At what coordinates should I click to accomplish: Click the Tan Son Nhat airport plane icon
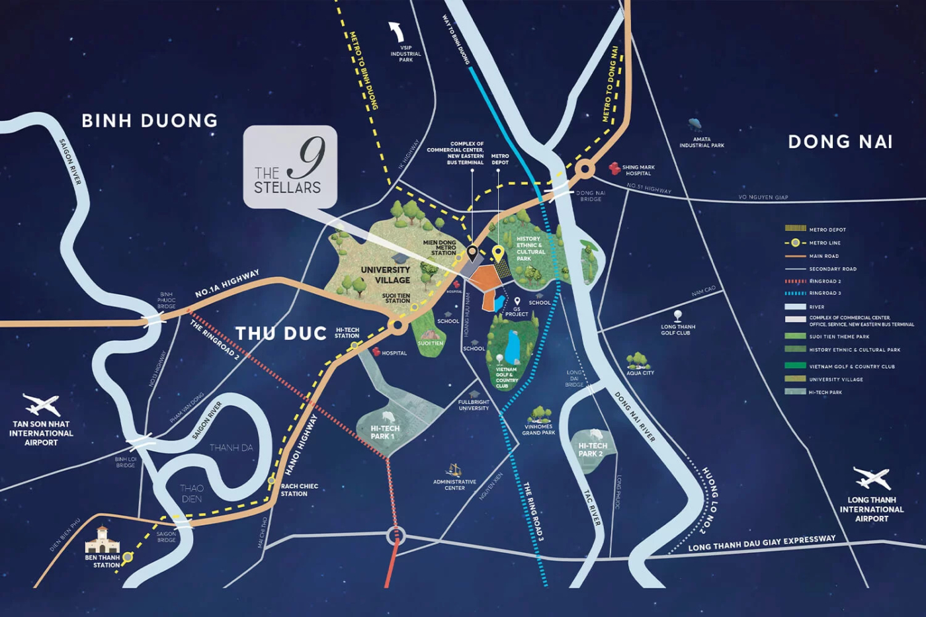click(x=41, y=404)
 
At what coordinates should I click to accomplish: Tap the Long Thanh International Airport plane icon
click(x=872, y=477)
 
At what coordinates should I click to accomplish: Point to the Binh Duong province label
click(x=149, y=120)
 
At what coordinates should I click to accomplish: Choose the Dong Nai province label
click(x=840, y=142)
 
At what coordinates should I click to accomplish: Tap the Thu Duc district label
click(x=281, y=333)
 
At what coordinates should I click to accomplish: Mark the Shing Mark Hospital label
click(x=638, y=170)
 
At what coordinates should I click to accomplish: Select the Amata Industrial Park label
click(x=701, y=142)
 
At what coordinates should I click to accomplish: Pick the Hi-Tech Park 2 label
click(x=593, y=450)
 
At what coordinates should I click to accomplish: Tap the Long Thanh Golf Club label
click(x=677, y=329)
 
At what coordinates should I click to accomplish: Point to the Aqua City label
click(x=640, y=373)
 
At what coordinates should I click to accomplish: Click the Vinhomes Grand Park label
click(x=538, y=430)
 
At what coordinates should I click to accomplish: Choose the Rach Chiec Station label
click(x=299, y=490)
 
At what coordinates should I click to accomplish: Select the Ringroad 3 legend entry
click(x=824, y=293)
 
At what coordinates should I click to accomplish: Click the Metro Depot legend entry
click(x=827, y=229)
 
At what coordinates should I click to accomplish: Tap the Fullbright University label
click(x=474, y=405)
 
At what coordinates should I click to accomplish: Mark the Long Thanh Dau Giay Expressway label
click(x=761, y=544)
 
